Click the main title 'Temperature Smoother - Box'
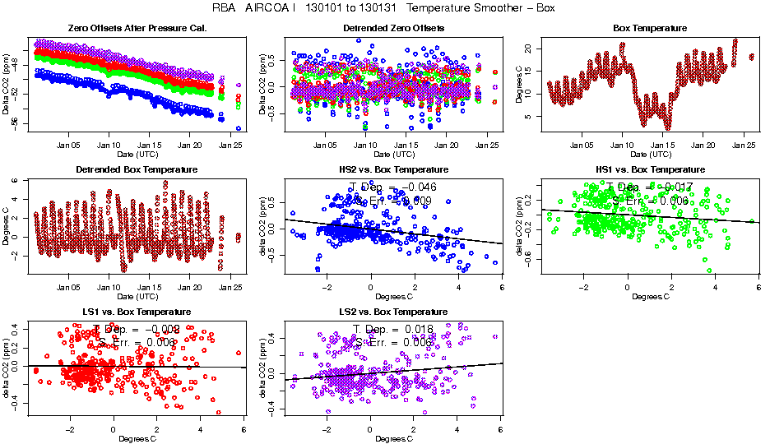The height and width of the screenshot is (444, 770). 481,8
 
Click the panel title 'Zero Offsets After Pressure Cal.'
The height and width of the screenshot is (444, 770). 136,28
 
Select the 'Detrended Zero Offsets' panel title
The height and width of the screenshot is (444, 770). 393,28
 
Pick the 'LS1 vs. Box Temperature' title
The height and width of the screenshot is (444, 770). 136,312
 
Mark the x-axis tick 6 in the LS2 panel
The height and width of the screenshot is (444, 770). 500,430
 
